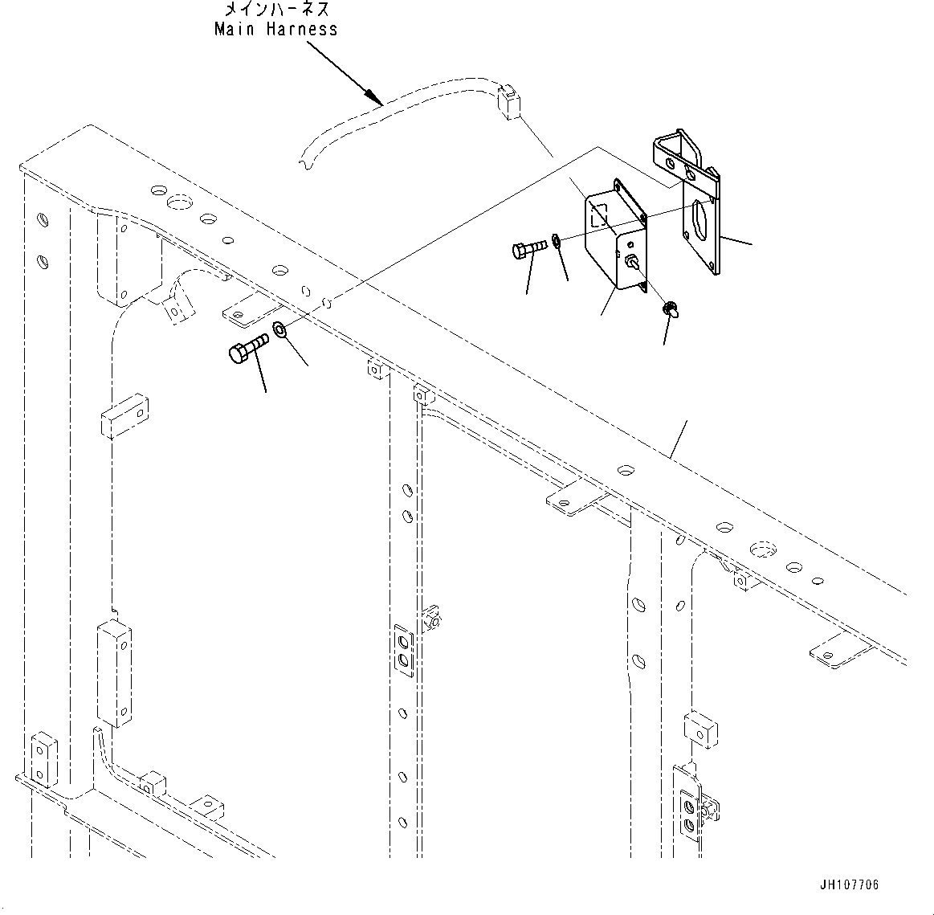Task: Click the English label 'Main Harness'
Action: [275, 29]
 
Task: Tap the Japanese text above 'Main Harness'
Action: [276, 9]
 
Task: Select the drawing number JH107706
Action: [849, 884]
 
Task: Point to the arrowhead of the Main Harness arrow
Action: [373, 96]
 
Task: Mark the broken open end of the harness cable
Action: [304, 160]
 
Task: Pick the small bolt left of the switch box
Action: [529, 248]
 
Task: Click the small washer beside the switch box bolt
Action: [556, 241]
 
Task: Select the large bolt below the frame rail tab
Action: [248, 348]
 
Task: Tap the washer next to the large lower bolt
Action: [279, 329]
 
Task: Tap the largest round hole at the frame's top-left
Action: [179, 203]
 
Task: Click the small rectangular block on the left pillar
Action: [124, 415]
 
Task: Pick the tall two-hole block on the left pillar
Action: [114, 673]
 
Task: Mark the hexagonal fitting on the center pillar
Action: [431, 619]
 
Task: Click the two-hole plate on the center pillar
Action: [403, 651]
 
